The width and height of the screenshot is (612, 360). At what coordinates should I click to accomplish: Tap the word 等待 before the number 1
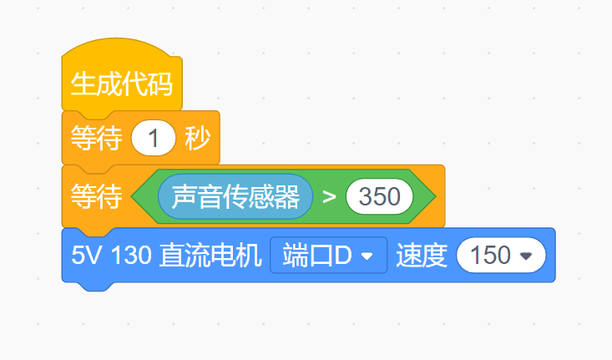(94, 139)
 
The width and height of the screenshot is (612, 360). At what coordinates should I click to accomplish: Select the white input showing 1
(154, 139)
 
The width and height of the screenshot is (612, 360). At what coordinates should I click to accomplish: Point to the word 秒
(198, 139)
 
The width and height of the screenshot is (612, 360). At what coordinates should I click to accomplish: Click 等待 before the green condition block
(94, 196)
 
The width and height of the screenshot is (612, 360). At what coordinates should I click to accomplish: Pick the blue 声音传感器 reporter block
(235, 196)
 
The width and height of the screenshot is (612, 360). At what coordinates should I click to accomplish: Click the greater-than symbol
(329, 197)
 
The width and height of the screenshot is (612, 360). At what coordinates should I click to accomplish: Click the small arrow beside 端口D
(367, 256)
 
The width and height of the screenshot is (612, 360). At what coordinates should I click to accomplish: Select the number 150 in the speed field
(491, 256)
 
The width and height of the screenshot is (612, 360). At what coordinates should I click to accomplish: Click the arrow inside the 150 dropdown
(526, 256)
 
